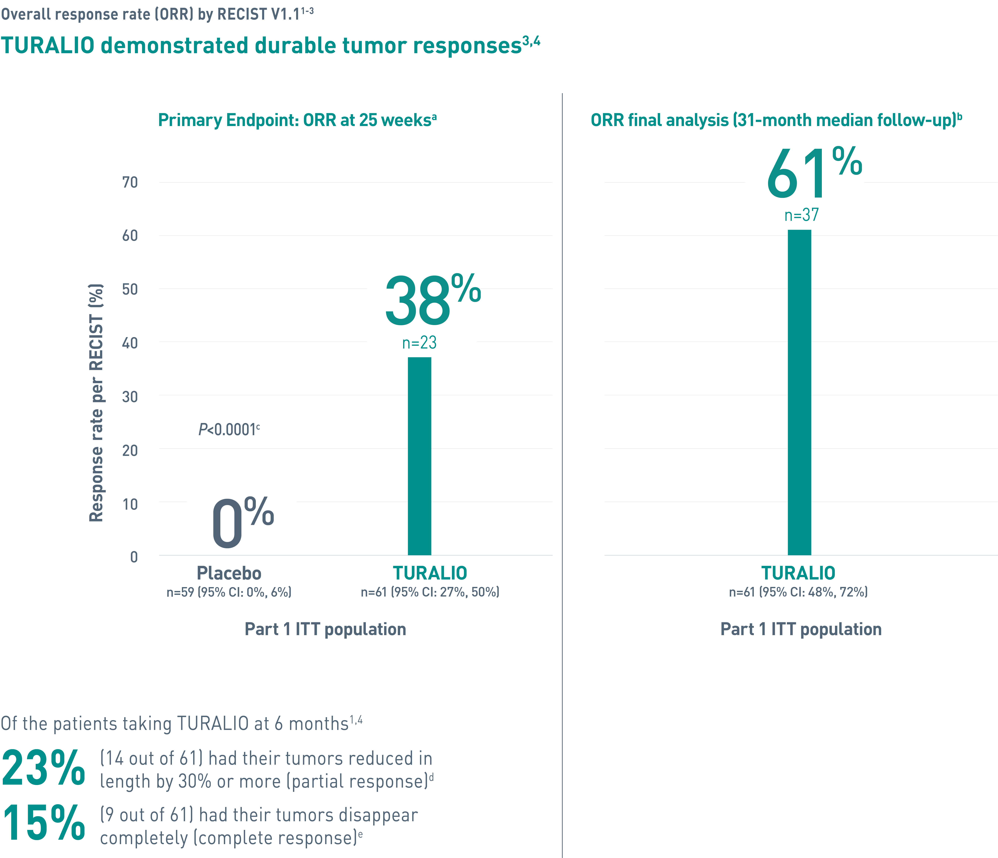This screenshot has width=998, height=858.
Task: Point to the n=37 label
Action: tap(801, 215)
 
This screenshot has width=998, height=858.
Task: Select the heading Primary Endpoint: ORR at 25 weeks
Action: tap(297, 120)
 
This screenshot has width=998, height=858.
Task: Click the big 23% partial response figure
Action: tap(43, 769)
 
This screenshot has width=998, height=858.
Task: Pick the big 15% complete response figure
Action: tap(43, 824)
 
